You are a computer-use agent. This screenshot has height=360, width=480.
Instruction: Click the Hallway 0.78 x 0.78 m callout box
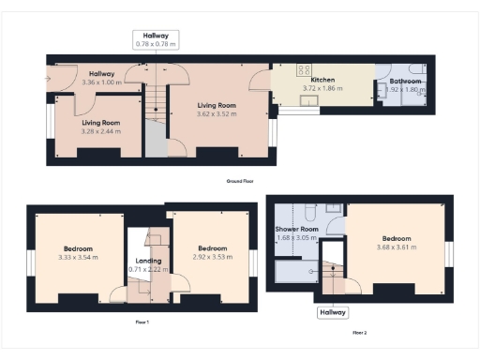(156, 38)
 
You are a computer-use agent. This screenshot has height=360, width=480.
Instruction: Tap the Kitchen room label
(322, 81)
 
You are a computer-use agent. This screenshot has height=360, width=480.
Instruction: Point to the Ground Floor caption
(240, 180)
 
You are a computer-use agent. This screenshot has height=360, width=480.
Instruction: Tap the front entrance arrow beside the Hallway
(47, 78)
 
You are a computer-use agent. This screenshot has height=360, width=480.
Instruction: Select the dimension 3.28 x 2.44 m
(101, 131)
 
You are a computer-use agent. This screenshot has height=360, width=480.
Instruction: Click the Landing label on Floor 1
(148, 261)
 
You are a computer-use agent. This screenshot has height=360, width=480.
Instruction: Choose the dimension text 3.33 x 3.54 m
(78, 257)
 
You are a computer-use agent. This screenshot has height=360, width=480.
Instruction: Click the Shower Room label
(296, 229)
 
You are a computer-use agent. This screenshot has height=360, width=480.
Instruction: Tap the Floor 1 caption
(142, 322)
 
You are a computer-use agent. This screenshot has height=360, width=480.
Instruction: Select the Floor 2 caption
(359, 332)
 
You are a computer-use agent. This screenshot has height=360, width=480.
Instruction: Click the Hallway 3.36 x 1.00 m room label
(102, 79)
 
